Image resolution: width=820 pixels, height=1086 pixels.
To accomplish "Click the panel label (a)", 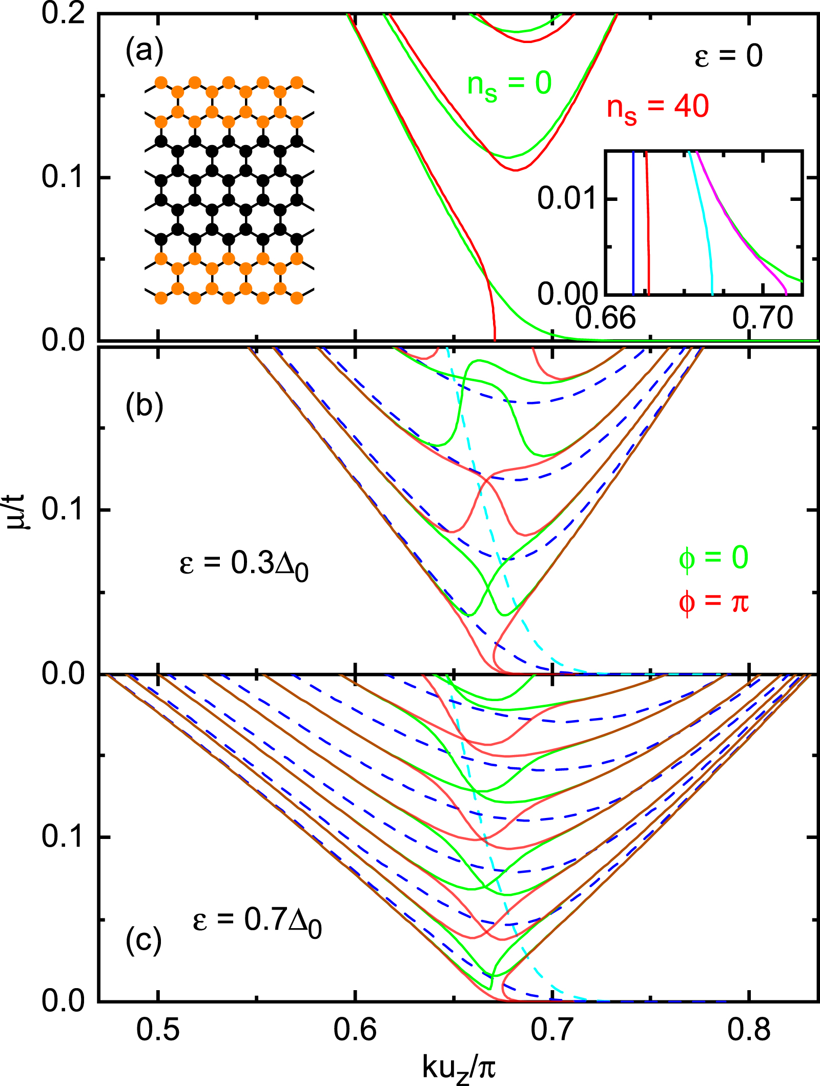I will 144,52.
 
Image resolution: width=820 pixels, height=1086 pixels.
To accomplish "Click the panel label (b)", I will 144,406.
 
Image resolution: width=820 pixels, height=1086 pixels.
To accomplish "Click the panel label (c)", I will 144,940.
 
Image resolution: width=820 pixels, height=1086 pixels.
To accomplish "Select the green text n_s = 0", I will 509,85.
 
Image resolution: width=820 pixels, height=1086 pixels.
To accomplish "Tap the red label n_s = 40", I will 658,109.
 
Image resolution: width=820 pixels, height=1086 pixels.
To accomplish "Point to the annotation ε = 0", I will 728,56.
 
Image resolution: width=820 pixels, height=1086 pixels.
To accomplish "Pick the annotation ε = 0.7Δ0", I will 257,920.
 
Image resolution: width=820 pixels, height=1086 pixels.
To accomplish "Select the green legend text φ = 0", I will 713,558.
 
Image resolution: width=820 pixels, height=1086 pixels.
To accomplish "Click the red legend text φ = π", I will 713,602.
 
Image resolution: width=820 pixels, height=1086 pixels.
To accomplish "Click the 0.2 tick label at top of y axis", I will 63,13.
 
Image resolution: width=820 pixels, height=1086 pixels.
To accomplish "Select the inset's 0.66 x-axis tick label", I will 605,318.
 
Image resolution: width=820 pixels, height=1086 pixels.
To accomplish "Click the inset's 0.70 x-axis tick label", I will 763,318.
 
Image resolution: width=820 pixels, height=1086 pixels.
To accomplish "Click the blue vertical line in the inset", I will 633,226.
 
